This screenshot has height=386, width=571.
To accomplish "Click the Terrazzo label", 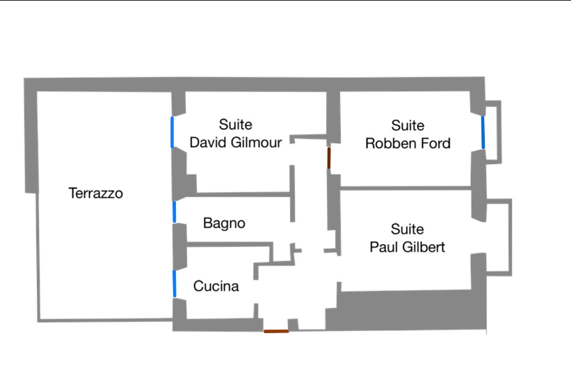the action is (x=96, y=193).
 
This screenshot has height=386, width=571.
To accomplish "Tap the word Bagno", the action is (x=224, y=223).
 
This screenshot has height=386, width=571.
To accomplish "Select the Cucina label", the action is (x=216, y=287).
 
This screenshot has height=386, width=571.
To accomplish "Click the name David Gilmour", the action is (x=236, y=143).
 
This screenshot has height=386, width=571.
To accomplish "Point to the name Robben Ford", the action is (x=408, y=143).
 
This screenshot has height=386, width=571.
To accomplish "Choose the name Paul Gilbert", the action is (x=407, y=248).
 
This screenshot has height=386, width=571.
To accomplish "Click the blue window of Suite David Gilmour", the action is (x=172, y=132).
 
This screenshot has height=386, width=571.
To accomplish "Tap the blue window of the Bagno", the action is (x=175, y=212).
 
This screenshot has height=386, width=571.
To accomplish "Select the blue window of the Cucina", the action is (x=175, y=284).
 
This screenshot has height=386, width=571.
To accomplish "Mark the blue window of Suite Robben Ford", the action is (x=483, y=133).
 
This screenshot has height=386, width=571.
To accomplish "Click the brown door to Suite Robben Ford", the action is (x=329, y=158).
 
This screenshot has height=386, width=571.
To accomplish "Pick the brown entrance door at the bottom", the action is (x=276, y=331).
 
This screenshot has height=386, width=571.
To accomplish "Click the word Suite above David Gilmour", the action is (x=235, y=124).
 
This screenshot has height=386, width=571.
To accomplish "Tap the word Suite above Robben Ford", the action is (x=408, y=126).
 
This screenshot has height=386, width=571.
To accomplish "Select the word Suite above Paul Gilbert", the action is (x=407, y=230).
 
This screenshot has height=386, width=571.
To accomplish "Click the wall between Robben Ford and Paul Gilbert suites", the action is (x=405, y=188).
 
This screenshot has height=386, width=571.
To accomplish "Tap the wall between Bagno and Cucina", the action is (x=230, y=244).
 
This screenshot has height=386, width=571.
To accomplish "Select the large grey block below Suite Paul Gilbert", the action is (x=406, y=310).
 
